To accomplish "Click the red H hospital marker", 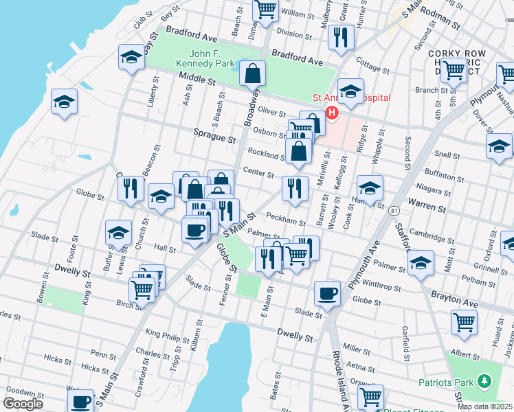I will tap(333, 113).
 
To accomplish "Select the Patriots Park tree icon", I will tap(484, 380).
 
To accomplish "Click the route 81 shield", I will tap(393, 209).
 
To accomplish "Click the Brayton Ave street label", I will tap(454, 297).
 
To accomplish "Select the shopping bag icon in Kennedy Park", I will tap(254, 72).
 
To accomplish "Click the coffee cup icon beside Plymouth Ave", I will tap(327, 293).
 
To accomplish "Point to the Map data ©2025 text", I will tap(484, 407).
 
